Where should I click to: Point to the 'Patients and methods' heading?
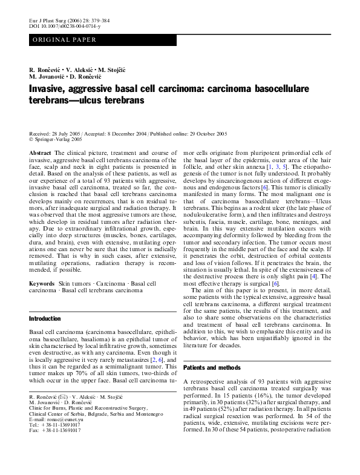tap(211, 367)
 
